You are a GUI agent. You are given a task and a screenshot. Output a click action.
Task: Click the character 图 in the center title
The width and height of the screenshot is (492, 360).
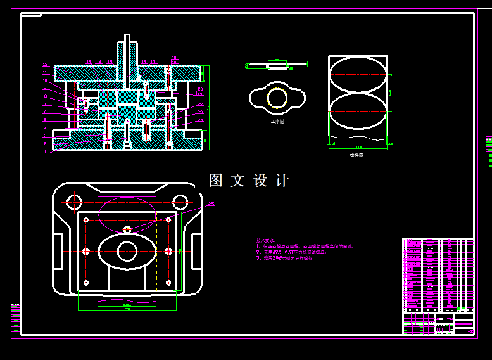click(216, 181)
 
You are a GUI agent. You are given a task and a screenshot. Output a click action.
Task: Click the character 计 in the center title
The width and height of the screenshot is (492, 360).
click(282, 181)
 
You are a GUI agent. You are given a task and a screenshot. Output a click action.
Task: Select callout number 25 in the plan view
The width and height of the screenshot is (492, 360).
click(211, 204)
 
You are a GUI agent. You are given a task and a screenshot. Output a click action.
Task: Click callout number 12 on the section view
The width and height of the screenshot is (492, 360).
click(46, 65)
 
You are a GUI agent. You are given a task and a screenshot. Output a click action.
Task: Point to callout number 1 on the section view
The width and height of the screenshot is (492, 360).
click(46, 151)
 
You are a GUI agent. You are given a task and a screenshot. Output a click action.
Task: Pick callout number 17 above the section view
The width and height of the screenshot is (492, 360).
click(153, 62)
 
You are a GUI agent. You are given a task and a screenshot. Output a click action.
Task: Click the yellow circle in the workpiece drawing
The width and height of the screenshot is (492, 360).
click(277, 98)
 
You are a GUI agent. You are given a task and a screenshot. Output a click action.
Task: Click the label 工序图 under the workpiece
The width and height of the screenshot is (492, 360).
click(277, 121)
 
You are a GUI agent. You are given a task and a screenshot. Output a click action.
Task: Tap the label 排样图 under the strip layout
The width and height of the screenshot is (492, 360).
click(356, 154)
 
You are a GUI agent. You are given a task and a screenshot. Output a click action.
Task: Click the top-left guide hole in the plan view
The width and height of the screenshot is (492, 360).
click(74, 202)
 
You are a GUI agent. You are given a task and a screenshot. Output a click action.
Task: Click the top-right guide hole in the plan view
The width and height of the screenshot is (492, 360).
click(180, 202)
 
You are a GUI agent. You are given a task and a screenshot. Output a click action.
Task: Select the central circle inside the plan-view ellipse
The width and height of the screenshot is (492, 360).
click(127, 252)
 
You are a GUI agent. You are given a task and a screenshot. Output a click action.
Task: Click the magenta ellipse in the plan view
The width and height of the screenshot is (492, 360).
click(127, 214)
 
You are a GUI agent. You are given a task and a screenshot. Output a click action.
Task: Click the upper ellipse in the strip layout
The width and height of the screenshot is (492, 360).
click(358, 75)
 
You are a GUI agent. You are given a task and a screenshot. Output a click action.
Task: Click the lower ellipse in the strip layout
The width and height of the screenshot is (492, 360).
click(358, 112)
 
